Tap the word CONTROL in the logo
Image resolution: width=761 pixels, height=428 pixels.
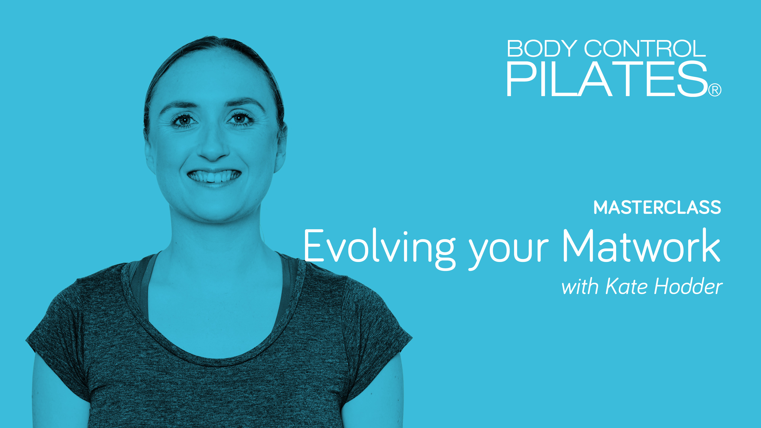pyautogui.click(x=645, y=49)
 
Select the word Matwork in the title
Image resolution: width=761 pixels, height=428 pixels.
pyautogui.click(x=641, y=246)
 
